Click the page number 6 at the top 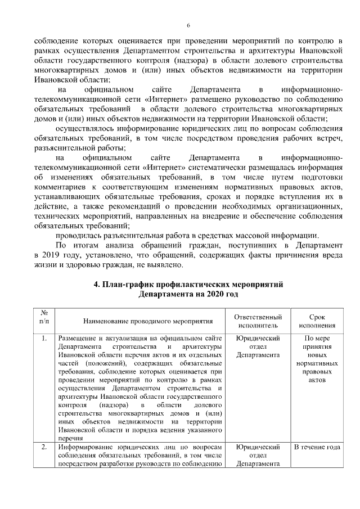click(188, 25)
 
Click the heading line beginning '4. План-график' click(188, 285)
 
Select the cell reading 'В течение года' click(317, 447)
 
